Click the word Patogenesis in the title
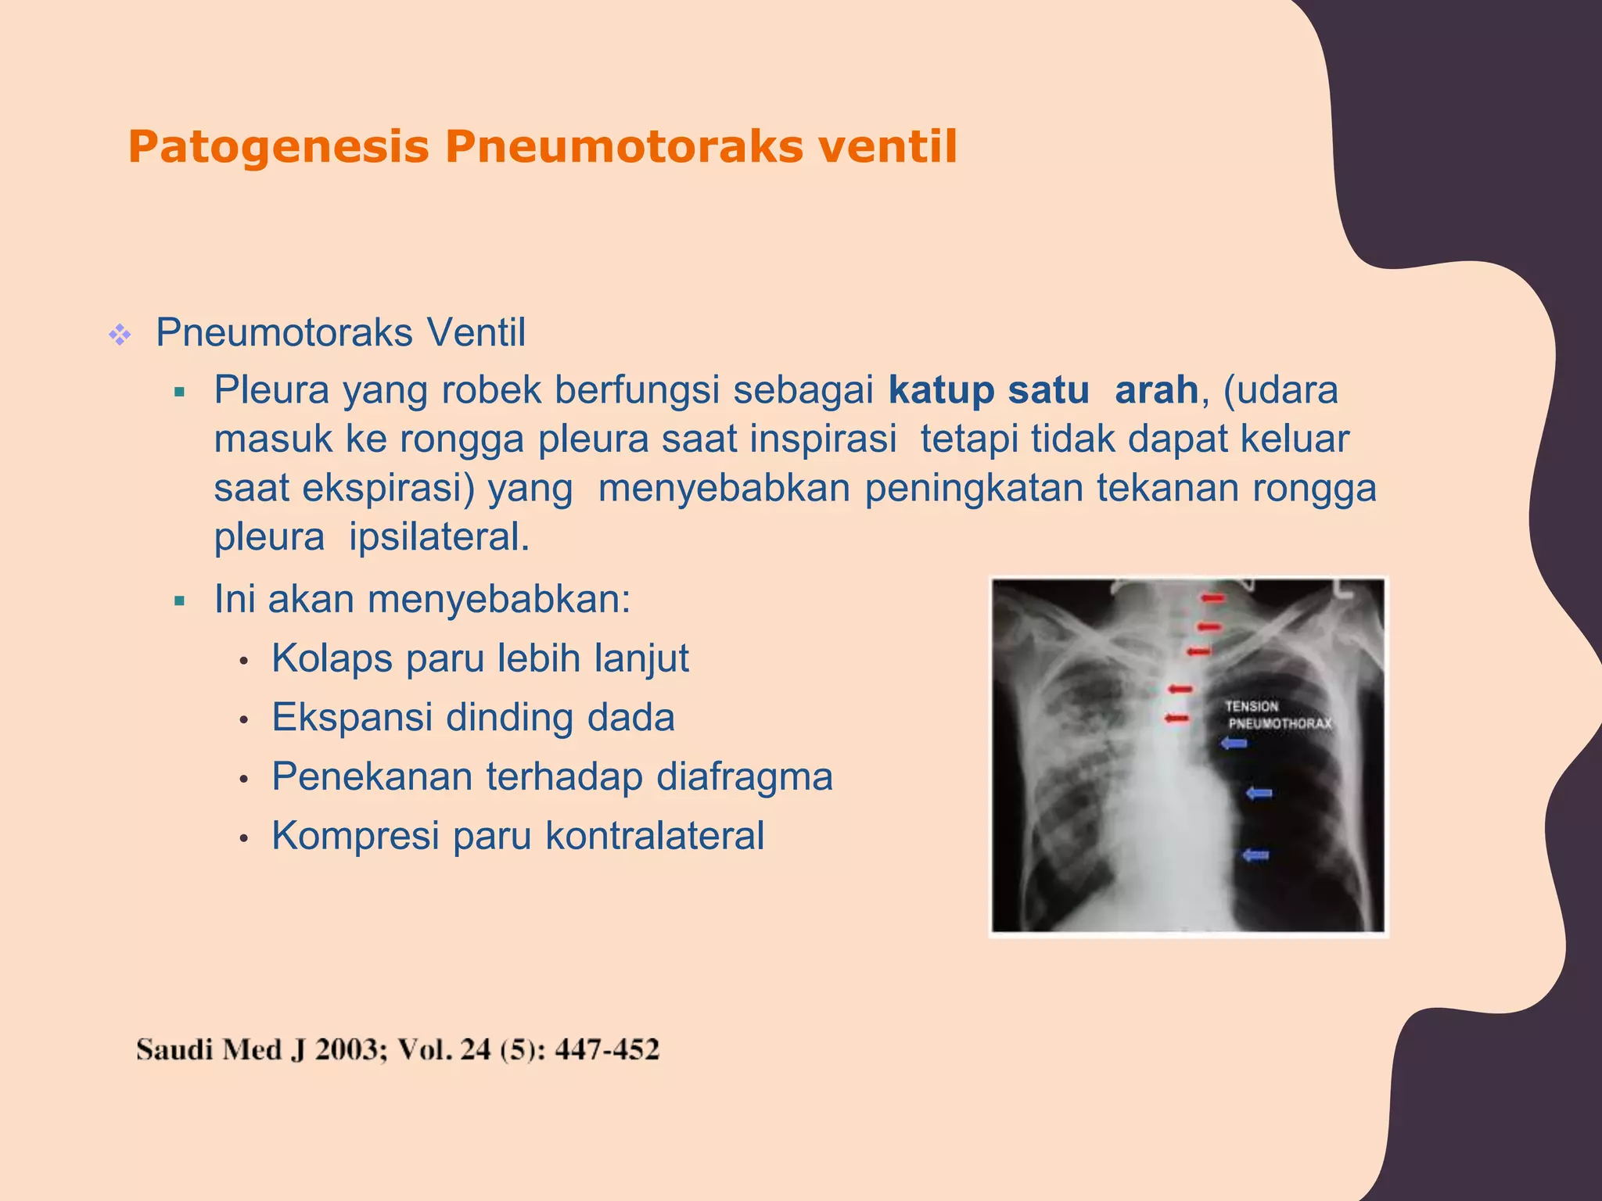278,147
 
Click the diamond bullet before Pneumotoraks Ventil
120,335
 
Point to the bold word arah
1156,390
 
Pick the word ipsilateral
439,537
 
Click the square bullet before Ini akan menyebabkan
180,601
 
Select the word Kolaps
332,658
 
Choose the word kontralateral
655,836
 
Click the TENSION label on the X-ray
1252,706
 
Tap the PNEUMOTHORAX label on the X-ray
1280,724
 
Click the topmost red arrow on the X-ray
1213,599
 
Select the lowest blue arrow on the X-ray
1255,855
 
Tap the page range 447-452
607,1050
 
